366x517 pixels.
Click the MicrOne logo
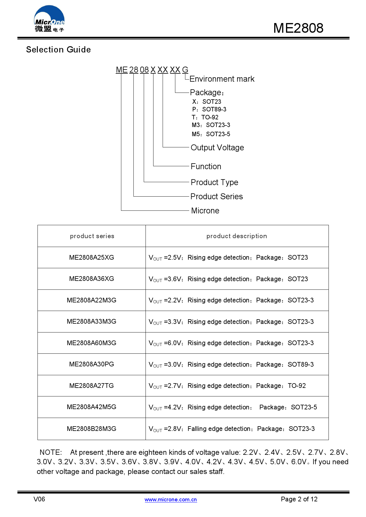(x=49, y=19)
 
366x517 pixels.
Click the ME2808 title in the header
(x=298, y=28)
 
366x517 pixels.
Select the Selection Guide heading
(x=58, y=50)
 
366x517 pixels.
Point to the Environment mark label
(x=222, y=79)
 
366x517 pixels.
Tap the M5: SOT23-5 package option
(x=211, y=134)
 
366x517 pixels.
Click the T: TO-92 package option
(x=205, y=117)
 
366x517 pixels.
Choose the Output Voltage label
(x=217, y=147)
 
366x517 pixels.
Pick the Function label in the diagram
(x=206, y=167)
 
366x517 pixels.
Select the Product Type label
(x=214, y=182)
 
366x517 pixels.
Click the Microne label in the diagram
(x=205, y=211)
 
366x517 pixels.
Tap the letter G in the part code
(x=185, y=70)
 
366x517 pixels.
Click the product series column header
(x=92, y=236)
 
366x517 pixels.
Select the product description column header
(x=237, y=236)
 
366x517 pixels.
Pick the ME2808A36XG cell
(x=91, y=279)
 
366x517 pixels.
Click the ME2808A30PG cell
(x=91, y=364)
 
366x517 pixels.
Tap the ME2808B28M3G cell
(x=91, y=429)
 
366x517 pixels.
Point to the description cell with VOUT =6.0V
(x=231, y=343)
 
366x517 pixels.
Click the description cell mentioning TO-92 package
(x=227, y=386)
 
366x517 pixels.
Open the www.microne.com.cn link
(x=171, y=500)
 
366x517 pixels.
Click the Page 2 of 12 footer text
(x=299, y=499)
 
